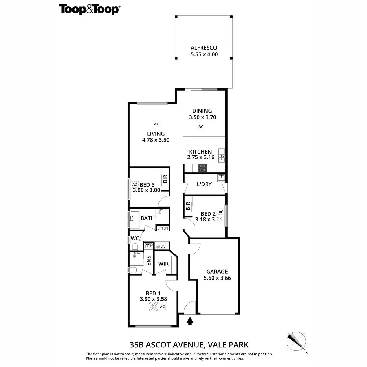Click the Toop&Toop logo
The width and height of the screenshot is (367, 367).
click(89, 9)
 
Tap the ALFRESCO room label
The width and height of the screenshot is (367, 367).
click(204, 48)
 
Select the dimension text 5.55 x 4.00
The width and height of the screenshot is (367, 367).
click(204, 54)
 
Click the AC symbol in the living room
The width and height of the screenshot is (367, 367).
click(157, 124)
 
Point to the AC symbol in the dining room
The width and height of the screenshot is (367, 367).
click(201, 127)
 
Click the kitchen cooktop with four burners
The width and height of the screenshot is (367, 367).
click(202, 168)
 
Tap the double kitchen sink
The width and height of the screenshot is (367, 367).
click(221, 155)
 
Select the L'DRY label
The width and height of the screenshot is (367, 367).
click(204, 184)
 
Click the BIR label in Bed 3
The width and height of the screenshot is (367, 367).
click(165, 179)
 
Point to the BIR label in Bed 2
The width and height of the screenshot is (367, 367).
click(188, 207)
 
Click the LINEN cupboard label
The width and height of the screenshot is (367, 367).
click(162, 228)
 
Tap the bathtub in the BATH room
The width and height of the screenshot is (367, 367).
click(135, 220)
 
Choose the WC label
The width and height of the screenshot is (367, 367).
click(135, 238)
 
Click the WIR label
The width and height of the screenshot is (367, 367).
click(163, 264)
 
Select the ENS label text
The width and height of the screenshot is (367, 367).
click(149, 260)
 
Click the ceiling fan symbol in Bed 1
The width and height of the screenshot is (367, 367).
click(153, 307)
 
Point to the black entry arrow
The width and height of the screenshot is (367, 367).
click(190, 321)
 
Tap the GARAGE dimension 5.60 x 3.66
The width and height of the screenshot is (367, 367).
click(217, 278)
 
